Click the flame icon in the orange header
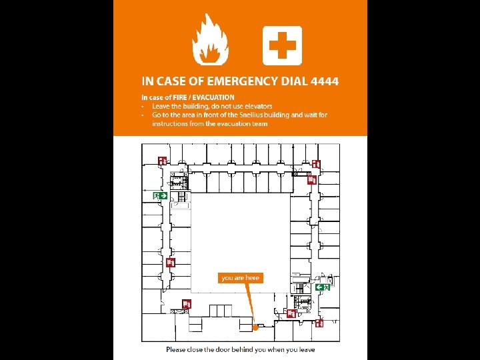click(210, 41)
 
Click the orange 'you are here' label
click(240, 277)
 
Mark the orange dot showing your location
click(255, 327)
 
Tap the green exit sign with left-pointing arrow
click(321, 287)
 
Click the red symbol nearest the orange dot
click(291, 313)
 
